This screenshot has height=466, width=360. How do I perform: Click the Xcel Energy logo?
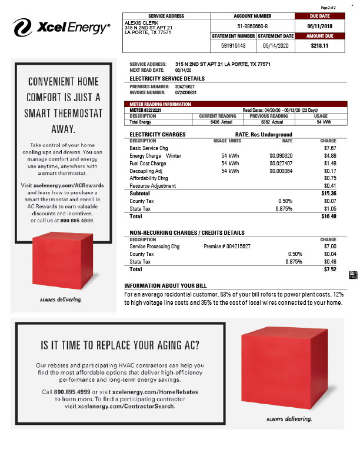pos(61,26)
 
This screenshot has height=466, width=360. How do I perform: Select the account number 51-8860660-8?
pos(252,26)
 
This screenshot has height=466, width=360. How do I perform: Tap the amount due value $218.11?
pos(319,45)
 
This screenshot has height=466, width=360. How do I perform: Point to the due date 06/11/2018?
pos(319,26)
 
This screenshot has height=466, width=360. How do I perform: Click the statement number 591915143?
pos(233,45)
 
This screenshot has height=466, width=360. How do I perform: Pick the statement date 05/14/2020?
pos(274,45)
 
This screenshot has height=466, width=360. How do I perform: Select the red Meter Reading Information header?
pos(160,104)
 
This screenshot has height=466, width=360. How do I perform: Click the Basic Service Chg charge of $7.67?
pos(329,148)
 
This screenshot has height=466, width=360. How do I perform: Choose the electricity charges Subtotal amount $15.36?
pos(329,193)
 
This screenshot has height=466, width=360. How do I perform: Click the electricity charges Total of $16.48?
pos(329,216)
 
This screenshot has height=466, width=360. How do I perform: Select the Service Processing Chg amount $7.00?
pos(330,247)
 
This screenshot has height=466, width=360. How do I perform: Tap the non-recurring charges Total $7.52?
pos(330,269)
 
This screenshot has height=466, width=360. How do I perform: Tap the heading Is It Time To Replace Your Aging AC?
pos(119,344)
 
